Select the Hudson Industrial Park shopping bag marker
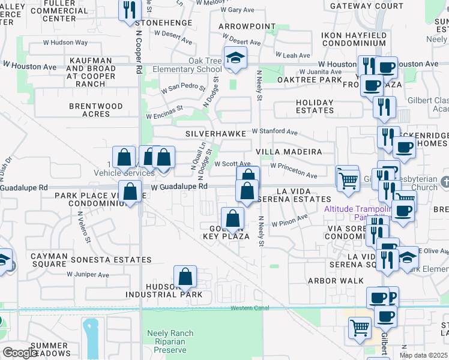186,277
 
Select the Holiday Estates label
315,106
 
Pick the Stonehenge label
163,23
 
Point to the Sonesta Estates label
111,260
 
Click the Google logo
19,353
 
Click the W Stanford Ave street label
274,131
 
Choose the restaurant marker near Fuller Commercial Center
129,10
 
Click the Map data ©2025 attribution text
423,355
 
